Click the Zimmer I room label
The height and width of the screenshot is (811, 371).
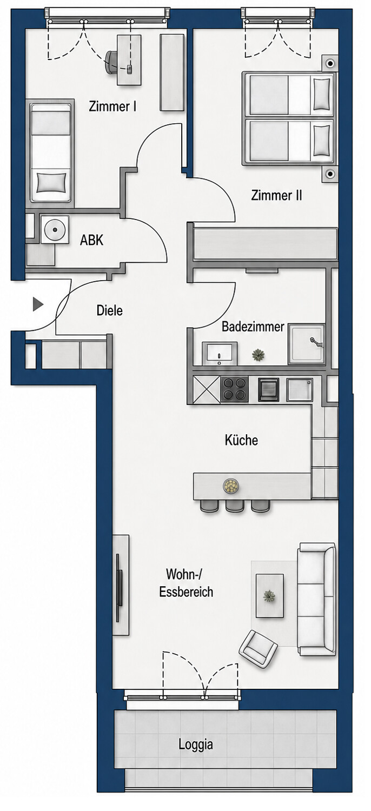pos(112,107)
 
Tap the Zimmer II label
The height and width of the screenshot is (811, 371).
pos(276,196)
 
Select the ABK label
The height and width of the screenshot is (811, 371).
pos(91,240)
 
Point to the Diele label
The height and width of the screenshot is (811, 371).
pos(109,310)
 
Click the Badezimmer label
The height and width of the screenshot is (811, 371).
pos(253,327)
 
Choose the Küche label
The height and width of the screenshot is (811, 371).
pos(241,440)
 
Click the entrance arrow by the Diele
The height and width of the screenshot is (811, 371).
pos(38,304)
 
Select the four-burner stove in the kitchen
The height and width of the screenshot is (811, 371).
pos(234,389)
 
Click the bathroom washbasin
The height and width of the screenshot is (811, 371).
pos(219,353)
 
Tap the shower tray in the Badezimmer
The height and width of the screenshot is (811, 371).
pos(307,344)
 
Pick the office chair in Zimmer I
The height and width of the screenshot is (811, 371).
pos(111,63)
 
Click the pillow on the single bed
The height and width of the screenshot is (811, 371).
pos(51,183)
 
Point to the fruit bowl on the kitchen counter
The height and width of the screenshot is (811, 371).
pos(231,486)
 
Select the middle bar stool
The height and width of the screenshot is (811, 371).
pos(235,506)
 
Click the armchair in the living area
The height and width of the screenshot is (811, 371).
pos(258,649)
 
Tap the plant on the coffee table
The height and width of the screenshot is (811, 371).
pos(269,595)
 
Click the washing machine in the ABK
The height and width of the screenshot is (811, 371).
pos(55,229)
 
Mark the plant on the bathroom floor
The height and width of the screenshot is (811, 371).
pos(259,355)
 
